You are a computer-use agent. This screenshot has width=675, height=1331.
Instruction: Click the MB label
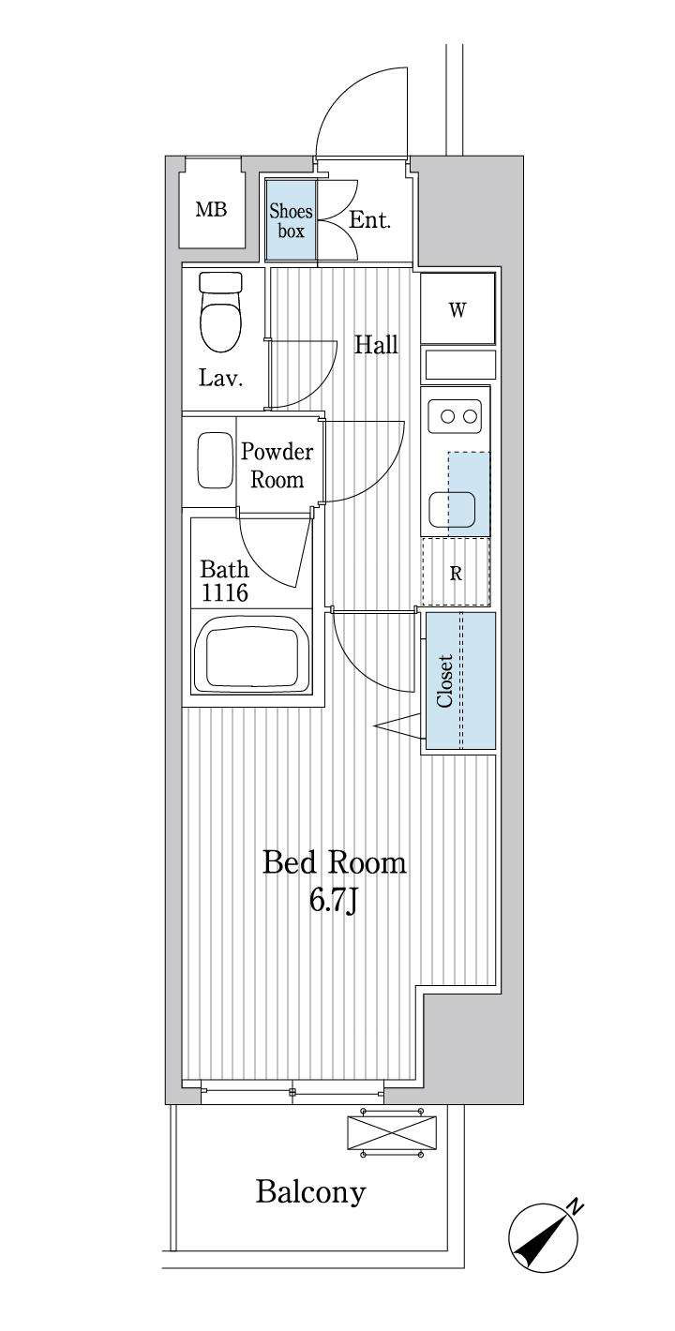click(212, 209)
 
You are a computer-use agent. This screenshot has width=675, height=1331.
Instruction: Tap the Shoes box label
click(291, 220)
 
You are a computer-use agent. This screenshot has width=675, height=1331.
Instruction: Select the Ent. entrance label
click(369, 220)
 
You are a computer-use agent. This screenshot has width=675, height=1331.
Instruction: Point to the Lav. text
click(220, 378)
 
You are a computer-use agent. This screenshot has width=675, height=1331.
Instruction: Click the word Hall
click(376, 345)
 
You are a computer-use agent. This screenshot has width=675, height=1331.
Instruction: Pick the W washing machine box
click(457, 308)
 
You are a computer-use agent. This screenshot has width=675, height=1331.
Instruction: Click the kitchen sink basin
click(452, 510)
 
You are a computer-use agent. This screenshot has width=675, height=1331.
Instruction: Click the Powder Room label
click(277, 466)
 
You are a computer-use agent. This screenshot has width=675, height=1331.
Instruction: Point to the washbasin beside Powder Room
click(215, 460)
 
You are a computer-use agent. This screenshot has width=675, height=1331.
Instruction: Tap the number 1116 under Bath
click(224, 592)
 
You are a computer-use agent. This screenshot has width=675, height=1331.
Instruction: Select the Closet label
click(445, 680)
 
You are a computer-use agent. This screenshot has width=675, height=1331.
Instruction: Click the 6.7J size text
click(333, 901)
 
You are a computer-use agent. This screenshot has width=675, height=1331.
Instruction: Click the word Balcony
click(310, 1192)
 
